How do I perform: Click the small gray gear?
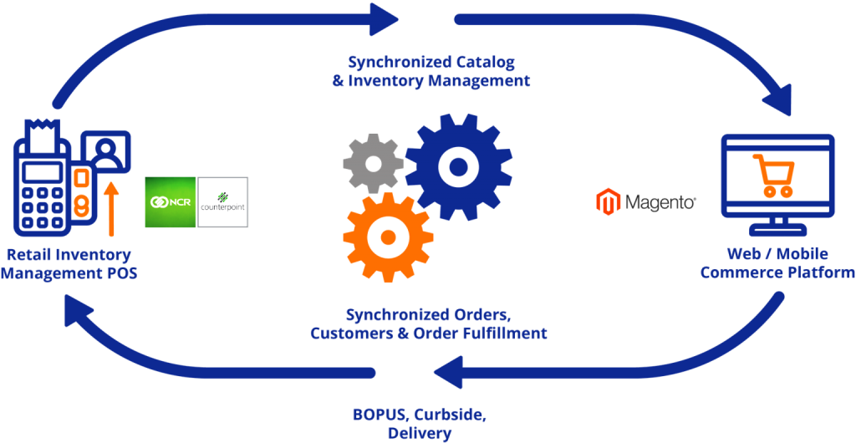373,164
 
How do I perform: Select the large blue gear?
458,167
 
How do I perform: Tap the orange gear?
388,237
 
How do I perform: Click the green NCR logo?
171,202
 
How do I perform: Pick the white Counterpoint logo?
223,202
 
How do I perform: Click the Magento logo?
645,201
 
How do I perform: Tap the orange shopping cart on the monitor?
773,176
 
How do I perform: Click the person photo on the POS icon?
110,152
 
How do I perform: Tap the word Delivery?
420,434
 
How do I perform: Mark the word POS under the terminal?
120,272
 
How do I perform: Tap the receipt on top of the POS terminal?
38,133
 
